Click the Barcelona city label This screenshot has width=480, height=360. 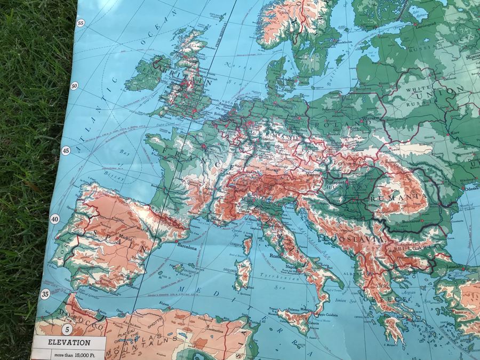click(187, 247)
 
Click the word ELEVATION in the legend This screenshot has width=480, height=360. click(69, 342)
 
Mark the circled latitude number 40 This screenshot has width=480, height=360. click(54, 219)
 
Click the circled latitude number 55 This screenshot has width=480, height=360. click(81, 22)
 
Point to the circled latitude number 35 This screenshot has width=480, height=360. click(45, 294)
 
